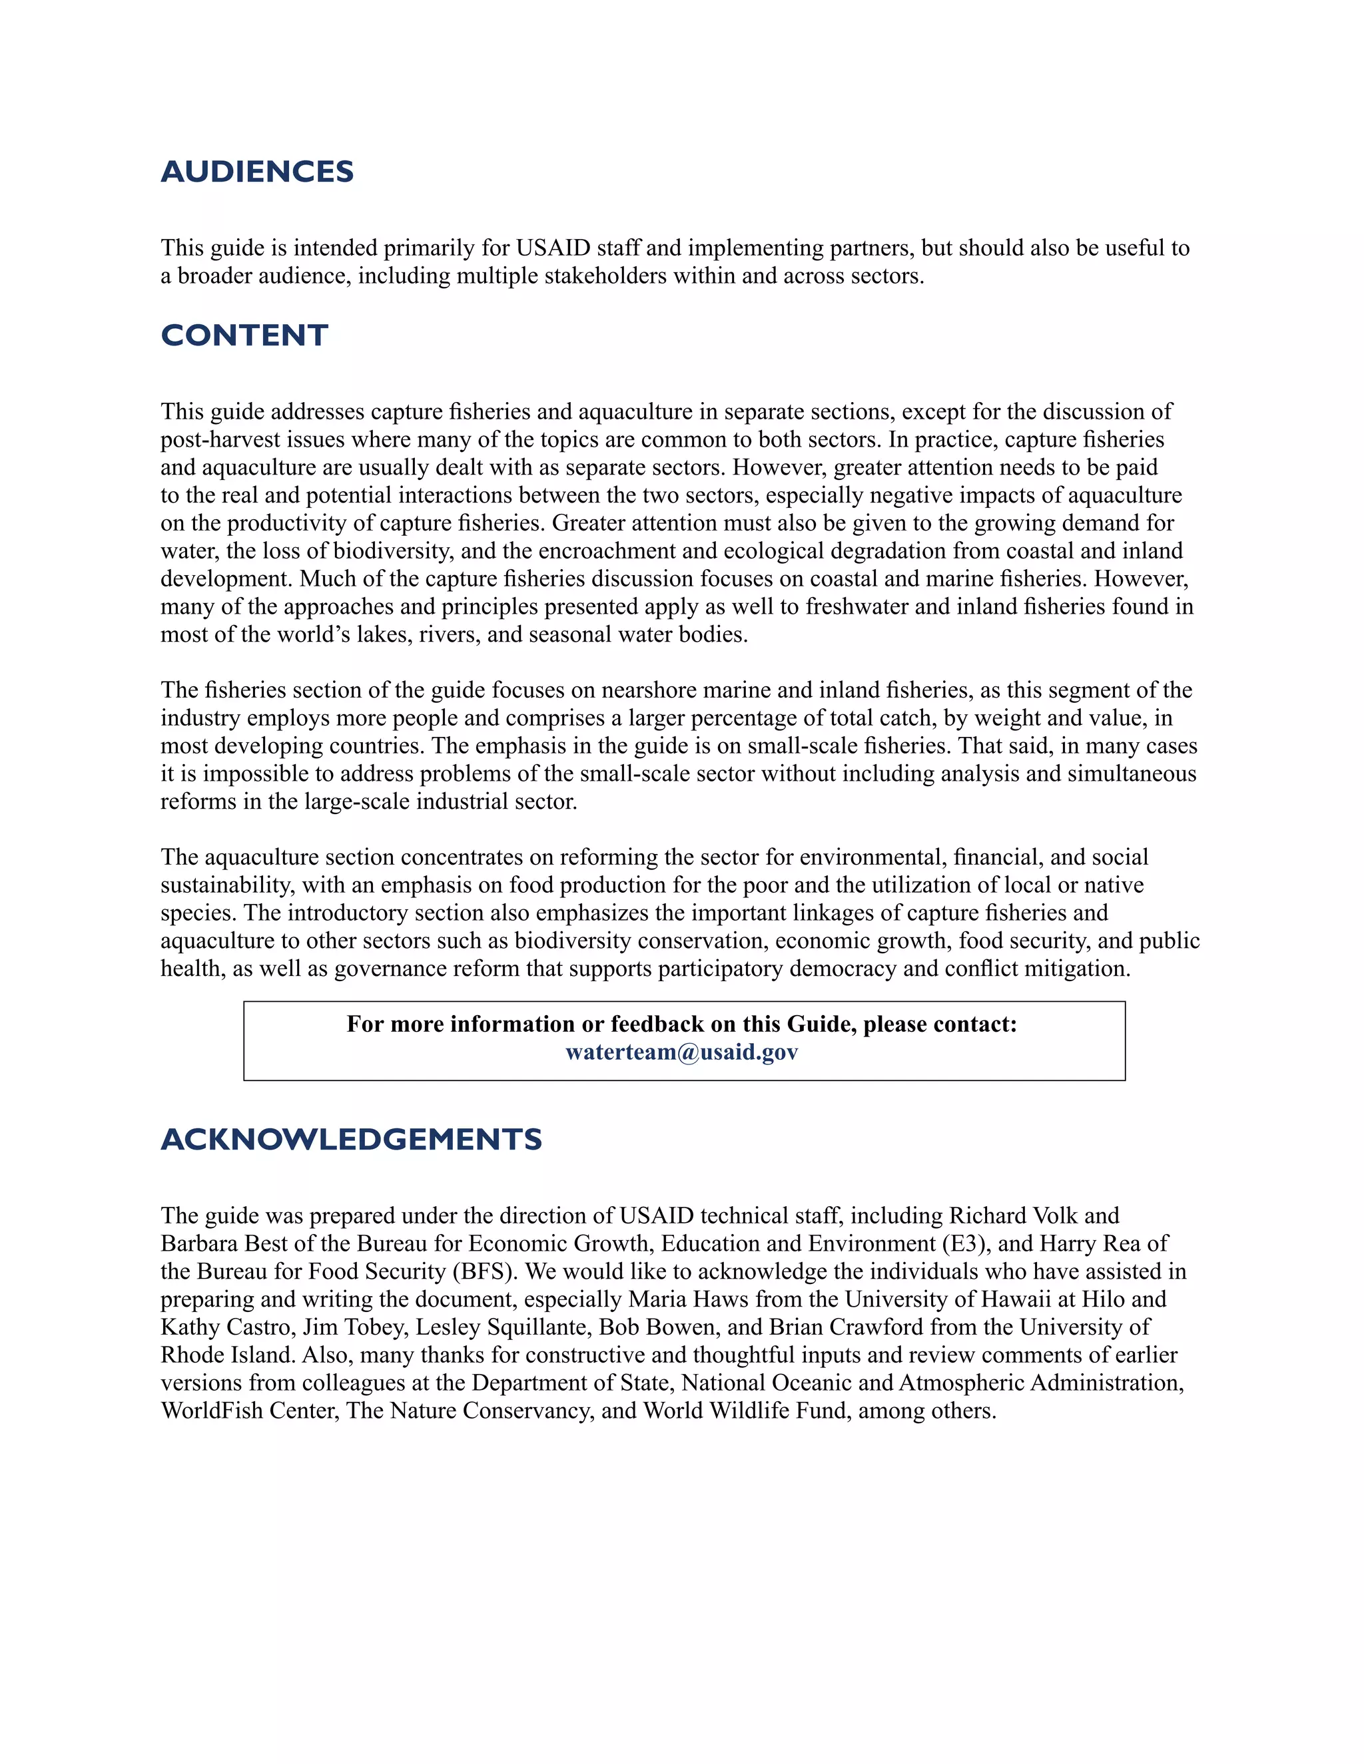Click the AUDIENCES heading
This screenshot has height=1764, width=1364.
(x=257, y=171)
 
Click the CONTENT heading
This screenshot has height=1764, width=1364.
(x=244, y=335)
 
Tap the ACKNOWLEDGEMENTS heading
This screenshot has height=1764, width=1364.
(x=351, y=1139)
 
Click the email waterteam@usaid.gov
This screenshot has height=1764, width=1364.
(x=681, y=1052)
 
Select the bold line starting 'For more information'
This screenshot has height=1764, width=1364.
(x=681, y=1024)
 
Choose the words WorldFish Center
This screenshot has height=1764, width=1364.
(x=249, y=1411)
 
